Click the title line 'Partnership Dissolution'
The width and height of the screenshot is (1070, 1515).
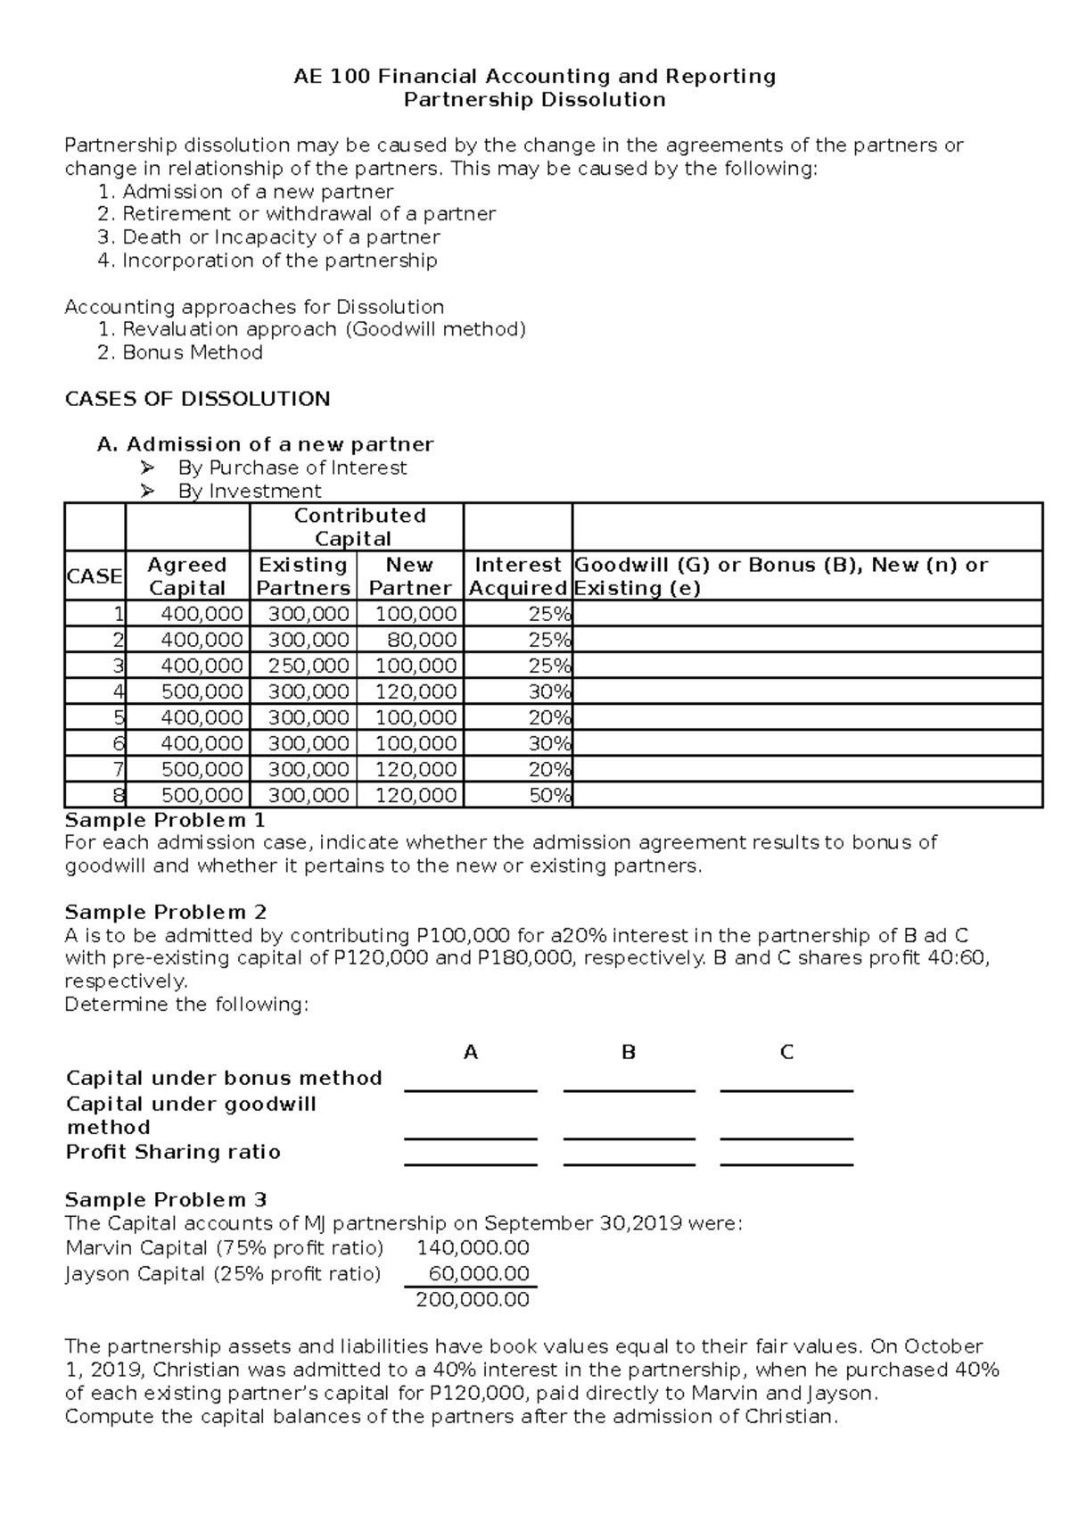pos(534,100)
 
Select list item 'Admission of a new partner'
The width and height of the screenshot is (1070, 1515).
pos(258,192)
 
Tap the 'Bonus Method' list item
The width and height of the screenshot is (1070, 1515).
pos(192,352)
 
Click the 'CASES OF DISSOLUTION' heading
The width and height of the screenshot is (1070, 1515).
pos(198,399)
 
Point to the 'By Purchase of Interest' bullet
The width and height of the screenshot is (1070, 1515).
pos(292,468)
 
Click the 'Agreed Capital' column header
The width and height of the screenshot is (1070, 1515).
pos(187,576)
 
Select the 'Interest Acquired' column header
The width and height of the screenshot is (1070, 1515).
pos(518,576)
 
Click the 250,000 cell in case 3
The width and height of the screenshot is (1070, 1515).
pos(303,666)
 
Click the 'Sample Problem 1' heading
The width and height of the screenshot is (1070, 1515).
pos(165,820)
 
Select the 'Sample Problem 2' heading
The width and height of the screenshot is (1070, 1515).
pos(166,912)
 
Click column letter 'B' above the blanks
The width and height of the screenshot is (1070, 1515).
pos(629,1053)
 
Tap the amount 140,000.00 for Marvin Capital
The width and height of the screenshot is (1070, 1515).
pos(479,1247)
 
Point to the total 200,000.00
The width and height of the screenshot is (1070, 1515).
pos(473,1300)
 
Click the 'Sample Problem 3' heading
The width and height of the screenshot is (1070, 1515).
pos(166,1200)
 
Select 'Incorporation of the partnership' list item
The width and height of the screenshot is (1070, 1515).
pos(279,261)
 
